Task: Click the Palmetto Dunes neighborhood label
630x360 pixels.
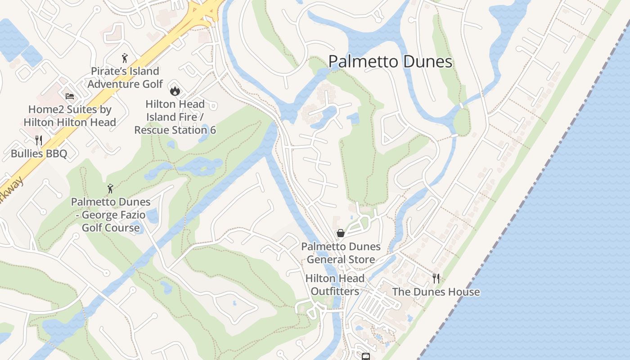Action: pos(390,62)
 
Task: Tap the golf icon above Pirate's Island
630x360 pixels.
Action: pos(125,58)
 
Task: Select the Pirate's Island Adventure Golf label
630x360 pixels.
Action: pos(125,77)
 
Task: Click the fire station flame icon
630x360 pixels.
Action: pos(175,91)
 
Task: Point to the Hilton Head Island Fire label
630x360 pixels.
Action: pos(175,117)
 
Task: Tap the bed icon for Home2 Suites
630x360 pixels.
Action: pos(69,96)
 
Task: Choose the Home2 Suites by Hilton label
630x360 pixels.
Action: pos(70,116)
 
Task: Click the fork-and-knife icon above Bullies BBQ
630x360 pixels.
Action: pos(39,140)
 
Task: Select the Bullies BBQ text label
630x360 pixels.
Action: pos(39,154)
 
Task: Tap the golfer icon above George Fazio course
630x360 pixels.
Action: pos(110,189)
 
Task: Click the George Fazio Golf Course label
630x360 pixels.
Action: pos(111,215)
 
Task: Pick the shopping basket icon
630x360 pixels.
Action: pos(341,233)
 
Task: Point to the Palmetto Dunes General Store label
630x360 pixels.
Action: pos(341,253)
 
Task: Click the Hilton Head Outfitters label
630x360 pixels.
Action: pos(335,285)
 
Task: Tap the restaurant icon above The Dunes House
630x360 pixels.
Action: pos(436,278)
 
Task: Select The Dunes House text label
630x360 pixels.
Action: pos(436,292)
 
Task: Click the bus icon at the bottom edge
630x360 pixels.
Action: pos(366,356)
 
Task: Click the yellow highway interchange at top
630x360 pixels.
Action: pos(205,11)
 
